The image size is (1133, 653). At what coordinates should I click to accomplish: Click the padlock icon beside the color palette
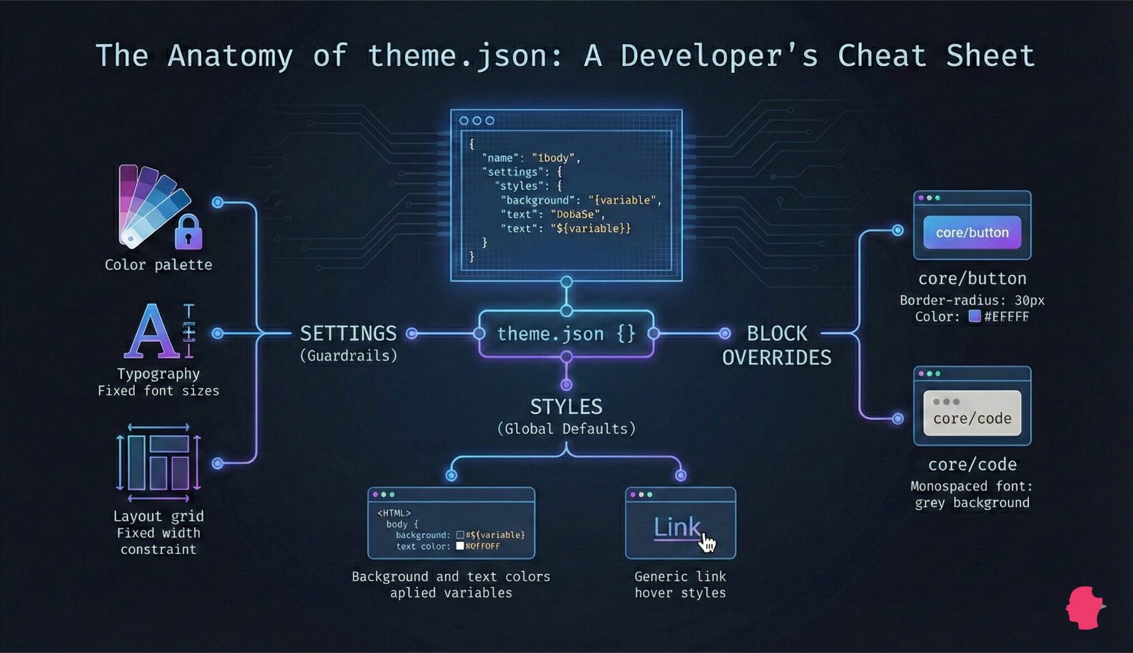point(189,232)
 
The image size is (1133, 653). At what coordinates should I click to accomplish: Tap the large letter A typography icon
point(150,332)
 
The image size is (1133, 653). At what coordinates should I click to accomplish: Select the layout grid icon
point(158,462)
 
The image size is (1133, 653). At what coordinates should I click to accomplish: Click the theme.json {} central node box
point(566,333)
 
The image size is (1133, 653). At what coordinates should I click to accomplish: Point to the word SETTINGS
point(348,333)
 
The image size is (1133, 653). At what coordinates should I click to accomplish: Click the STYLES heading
point(566,407)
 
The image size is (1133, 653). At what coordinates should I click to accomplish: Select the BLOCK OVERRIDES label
point(777,346)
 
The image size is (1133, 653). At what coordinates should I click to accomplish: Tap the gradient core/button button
point(972,232)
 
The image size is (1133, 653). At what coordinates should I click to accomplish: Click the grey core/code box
point(972,413)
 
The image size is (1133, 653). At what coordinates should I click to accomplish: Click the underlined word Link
point(677,527)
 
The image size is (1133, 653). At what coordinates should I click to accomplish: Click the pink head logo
point(1084,608)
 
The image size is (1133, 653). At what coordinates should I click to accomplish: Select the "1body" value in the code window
point(553,158)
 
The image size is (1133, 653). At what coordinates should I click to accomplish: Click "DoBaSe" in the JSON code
point(575,215)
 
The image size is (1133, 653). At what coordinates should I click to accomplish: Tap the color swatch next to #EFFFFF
point(975,316)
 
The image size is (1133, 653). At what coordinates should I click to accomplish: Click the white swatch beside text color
point(460,546)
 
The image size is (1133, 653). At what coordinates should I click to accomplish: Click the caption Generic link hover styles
point(680,584)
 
